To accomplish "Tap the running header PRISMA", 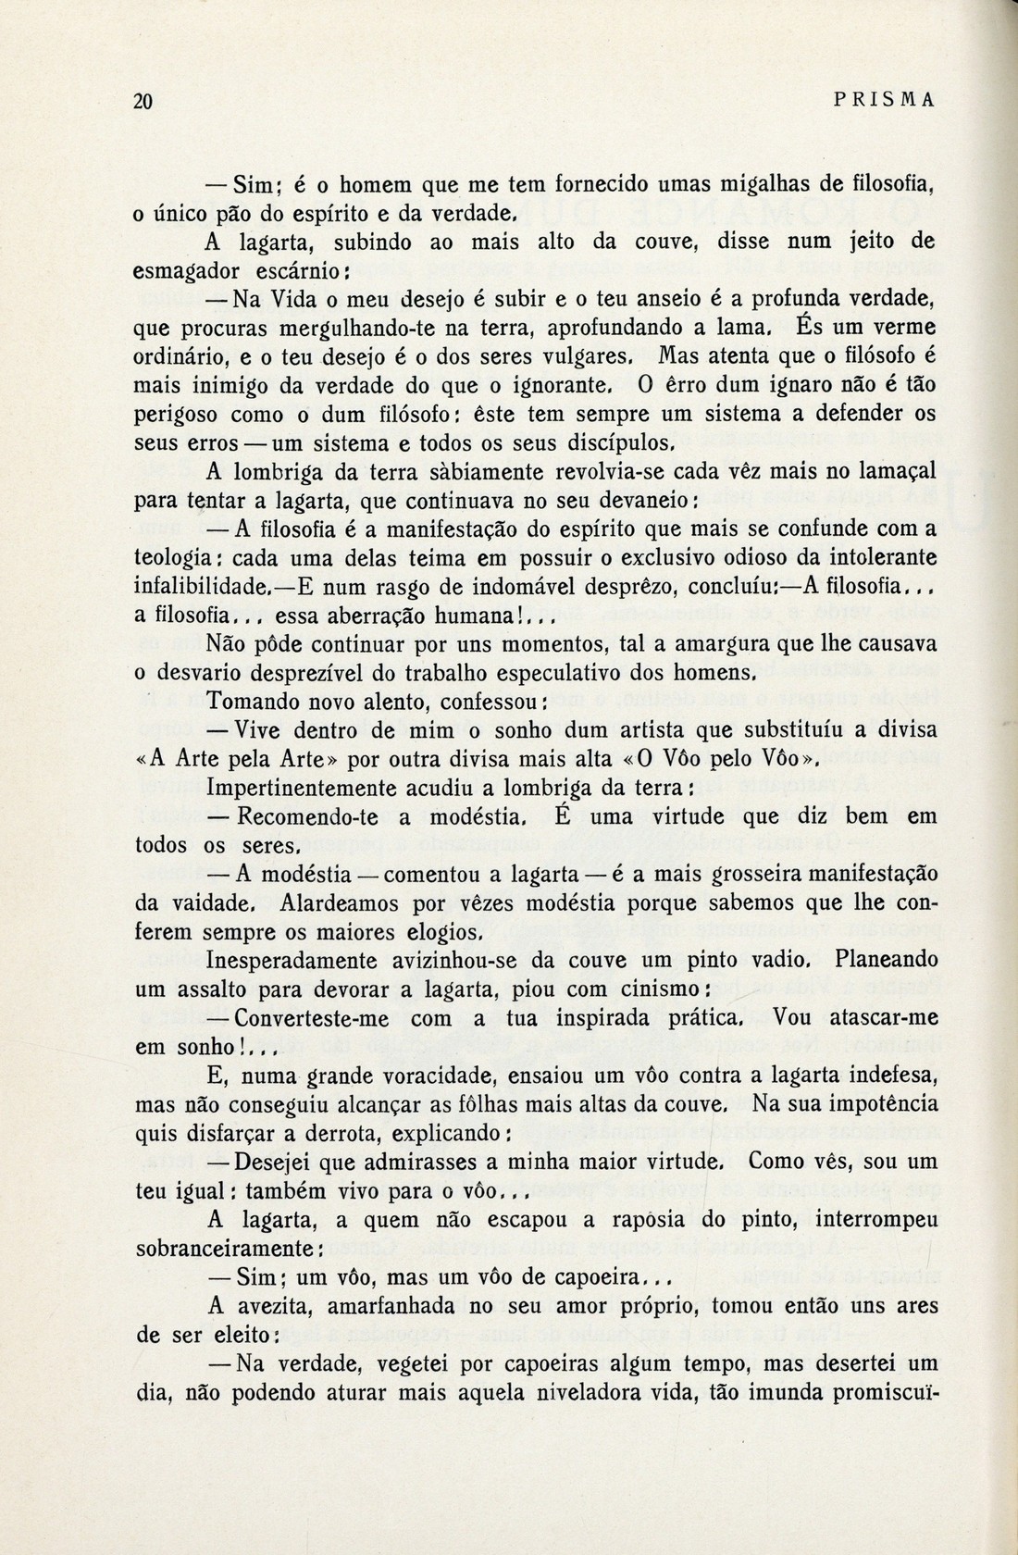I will coord(886,102).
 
